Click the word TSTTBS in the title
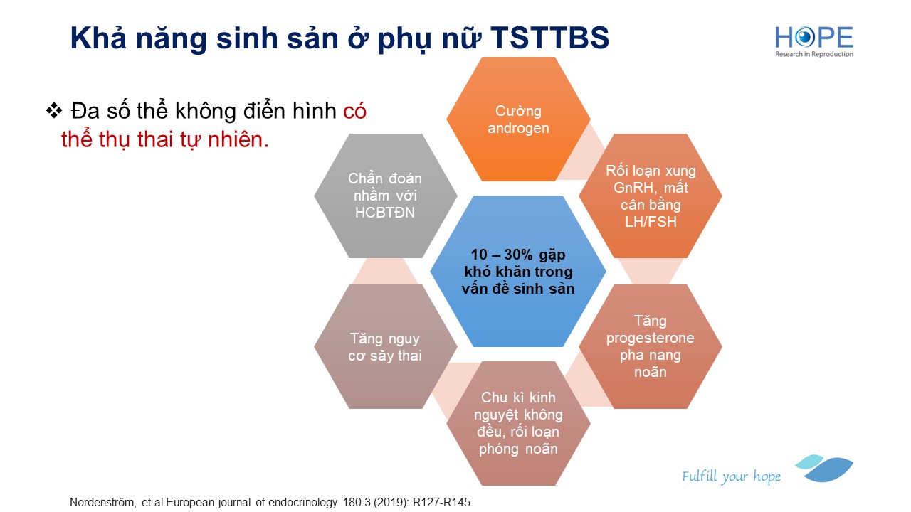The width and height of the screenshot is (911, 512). [x=550, y=38]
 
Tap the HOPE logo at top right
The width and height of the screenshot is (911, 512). [x=814, y=41]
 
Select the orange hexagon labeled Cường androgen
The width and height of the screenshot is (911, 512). [x=518, y=119]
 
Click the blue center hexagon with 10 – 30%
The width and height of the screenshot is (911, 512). [x=518, y=271]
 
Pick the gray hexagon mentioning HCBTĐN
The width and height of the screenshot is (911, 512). [x=386, y=196]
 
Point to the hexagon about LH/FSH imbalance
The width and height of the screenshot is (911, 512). [x=651, y=196]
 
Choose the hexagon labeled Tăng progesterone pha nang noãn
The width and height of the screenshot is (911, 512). [x=651, y=346]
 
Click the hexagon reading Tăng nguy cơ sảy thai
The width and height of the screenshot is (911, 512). [x=386, y=346]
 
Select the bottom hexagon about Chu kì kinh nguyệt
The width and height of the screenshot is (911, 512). [x=518, y=423]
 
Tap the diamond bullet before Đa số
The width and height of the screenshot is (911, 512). [x=54, y=110]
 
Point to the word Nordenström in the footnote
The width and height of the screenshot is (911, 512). [x=103, y=503]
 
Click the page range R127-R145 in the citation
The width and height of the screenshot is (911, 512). [x=443, y=503]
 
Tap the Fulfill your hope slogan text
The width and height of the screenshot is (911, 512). [x=731, y=476]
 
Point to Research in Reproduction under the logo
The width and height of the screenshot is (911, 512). [x=814, y=54]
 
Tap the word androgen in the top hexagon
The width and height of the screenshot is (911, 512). [x=518, y=129]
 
